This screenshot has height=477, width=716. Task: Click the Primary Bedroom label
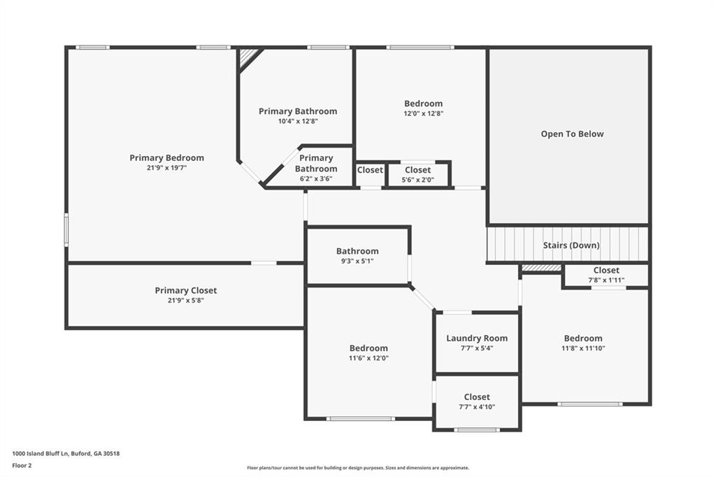click(x=166, y=158)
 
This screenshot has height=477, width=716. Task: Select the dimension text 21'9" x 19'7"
click(x=166, y=168)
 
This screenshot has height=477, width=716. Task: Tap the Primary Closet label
click(x=185, y=290)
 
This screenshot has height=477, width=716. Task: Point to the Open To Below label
click(x=572, y=134)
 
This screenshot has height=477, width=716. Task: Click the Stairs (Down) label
click(x=571, y=245)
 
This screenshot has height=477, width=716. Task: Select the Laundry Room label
click(x=477, y=339)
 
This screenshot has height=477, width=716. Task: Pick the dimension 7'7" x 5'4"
click(x=477, y=348)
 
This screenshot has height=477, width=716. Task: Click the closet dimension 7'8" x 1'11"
click(x=606, y=280)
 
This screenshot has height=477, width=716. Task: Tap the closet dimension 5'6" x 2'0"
click(x=417, y=179)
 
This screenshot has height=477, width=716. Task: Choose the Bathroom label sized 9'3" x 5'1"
click(x=357, y=251)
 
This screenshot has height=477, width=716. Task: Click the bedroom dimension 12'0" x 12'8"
click(x=423, y=113)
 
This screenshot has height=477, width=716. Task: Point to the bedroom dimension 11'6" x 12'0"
click(x=368, y=358)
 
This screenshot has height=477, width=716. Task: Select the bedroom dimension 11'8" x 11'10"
click(x=583, y=348)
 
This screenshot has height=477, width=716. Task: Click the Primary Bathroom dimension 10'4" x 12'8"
click(x=297, y=121)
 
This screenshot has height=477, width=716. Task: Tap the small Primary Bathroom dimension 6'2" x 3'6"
click(x=315, y=178)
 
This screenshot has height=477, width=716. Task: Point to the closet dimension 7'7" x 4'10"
click(x=477, y=406)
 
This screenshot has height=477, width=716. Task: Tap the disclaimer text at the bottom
click(x=357, y=468)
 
